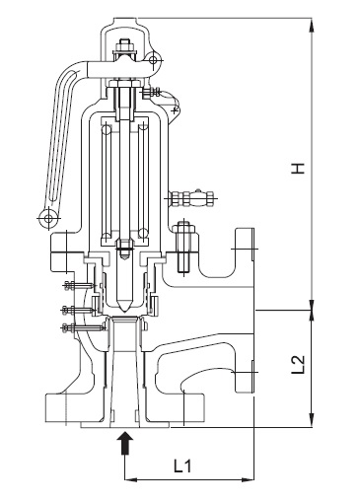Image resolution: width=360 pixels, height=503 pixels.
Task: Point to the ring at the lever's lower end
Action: [45, 216]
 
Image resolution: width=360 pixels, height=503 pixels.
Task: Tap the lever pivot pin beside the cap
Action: [154, 63]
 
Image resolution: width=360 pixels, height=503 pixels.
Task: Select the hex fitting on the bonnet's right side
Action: [192, 198]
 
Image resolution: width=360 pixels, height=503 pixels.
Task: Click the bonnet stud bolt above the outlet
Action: [183, 247]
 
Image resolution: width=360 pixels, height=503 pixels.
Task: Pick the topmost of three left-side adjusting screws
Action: [71, 287]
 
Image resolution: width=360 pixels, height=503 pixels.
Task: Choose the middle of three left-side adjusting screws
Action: [71, 310]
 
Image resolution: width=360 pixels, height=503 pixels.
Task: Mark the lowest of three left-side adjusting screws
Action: [71, 325]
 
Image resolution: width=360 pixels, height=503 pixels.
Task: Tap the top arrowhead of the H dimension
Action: [313, 22]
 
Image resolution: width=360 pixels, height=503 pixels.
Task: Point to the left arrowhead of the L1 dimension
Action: [128, 480]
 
